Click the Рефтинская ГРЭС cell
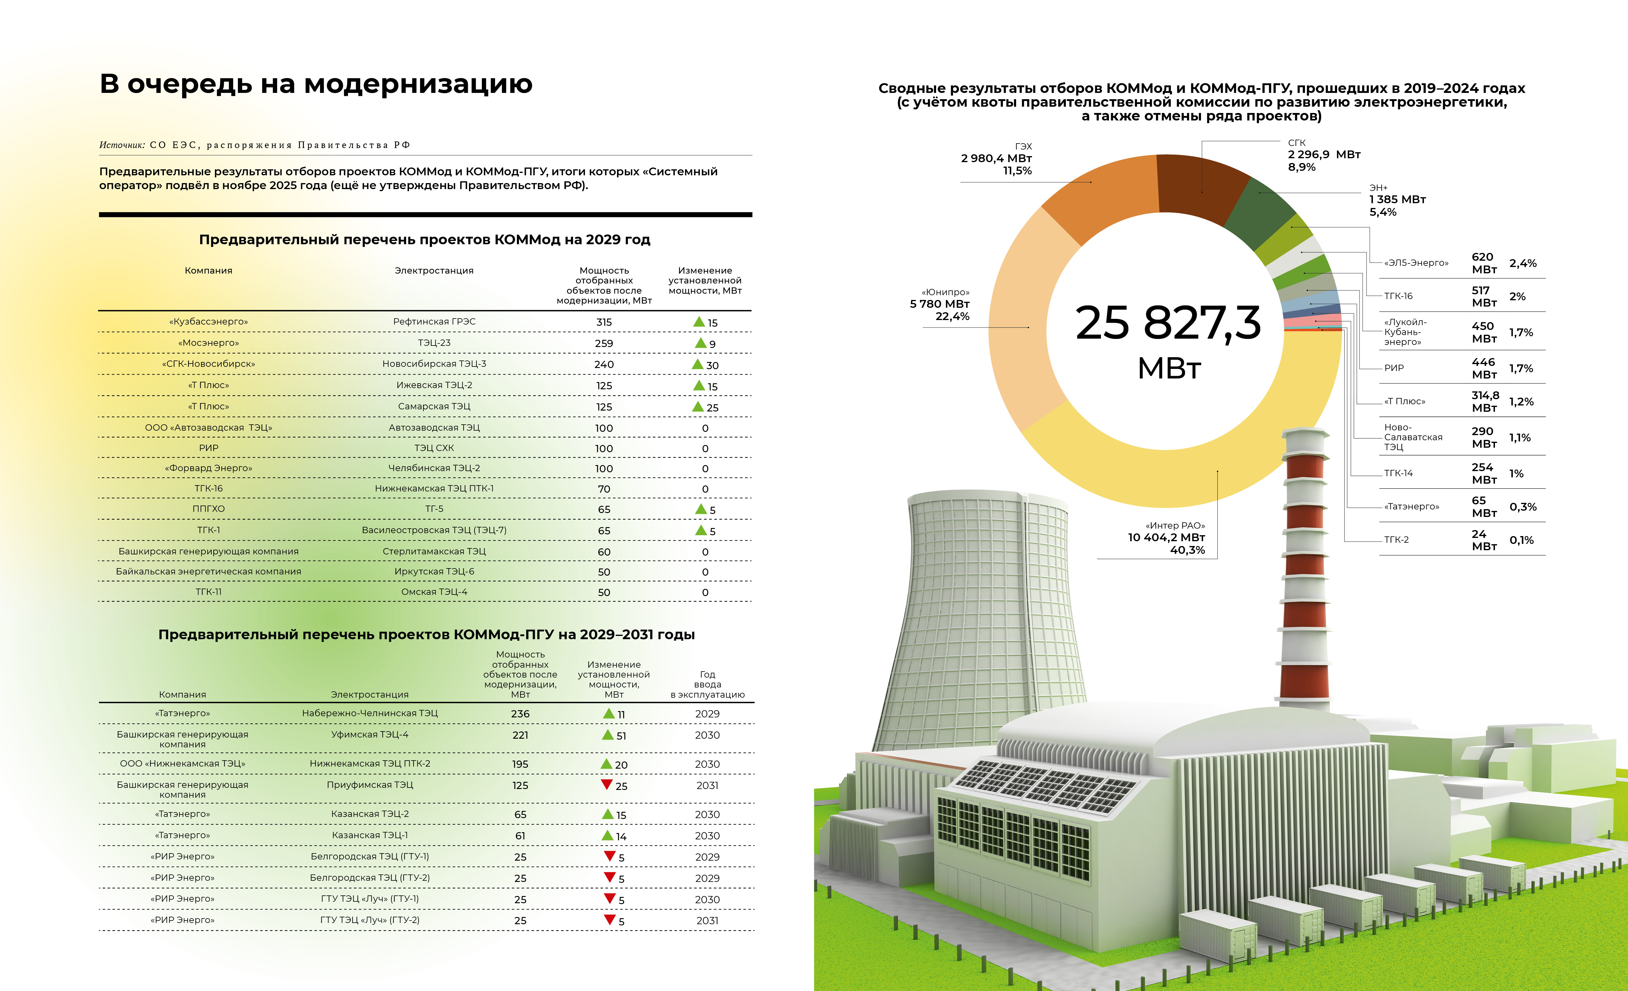(x=434, y=322)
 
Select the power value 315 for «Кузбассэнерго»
(x=604, y=322)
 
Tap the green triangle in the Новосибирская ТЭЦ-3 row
(x=697, y=365)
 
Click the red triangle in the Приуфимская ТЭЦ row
(x=606, y=784)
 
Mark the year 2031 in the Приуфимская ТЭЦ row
(x=707, y=785)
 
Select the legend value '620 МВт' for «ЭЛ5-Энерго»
(x=1484, y=263)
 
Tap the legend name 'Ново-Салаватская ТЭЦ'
(x=1413, y=437)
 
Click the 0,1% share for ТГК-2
(x=1522, y=540)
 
